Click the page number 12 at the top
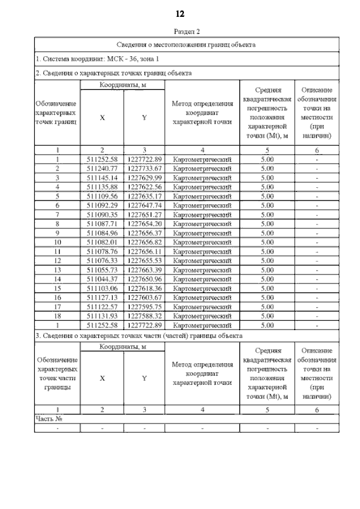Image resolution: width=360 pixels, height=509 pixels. click(x=181, y=12)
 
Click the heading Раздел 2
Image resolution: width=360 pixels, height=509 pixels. click(x=181, y=32)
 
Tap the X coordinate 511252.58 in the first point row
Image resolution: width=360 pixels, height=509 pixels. click(x=102, y=159)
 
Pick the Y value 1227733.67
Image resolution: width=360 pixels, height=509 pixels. click(x=145, y=168)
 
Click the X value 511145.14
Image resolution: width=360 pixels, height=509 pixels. click(x=102, y=178)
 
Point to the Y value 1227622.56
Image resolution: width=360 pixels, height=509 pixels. click(x=145, y=187)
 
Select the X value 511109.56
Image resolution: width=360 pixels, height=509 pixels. click(x=102, y=196)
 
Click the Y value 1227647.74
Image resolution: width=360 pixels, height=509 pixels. click(x=145, y=205)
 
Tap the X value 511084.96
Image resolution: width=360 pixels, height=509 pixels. click(x=102, y=233)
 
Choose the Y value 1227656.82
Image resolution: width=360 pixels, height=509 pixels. click(x=145, y=242)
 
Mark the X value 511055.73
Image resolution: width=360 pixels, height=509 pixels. click(x=102, y=269)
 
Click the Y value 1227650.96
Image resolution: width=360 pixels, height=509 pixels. click(x=145, y=279)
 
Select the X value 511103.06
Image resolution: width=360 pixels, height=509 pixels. click(x=102, y=288)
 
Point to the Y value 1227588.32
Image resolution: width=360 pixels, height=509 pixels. click(x=145, y=316)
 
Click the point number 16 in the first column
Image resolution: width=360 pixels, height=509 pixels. click(x=57, y=298)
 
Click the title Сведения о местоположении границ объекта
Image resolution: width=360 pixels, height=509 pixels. click(x=186, y=44)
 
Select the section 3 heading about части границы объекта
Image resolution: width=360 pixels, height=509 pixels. click(x=139, y=335)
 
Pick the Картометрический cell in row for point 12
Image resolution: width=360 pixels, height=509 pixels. click(x=202, y=260)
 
